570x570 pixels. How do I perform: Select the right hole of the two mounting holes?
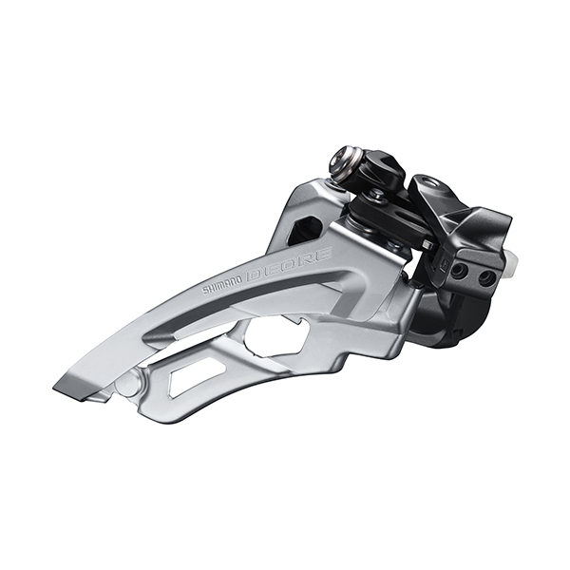pos(485,278)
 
